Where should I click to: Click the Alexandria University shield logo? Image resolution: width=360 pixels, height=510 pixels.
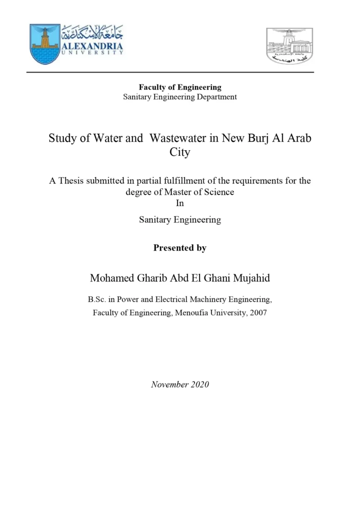coord(45,44)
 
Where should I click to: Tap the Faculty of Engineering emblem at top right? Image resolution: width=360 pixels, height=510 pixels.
coord(289,46)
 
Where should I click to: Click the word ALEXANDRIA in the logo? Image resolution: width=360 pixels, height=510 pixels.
coord(92,46)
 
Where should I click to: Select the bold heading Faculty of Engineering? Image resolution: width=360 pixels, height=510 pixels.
coord(180,87)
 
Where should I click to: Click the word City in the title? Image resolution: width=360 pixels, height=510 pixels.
coord(180,152)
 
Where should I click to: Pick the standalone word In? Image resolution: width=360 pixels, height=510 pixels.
coord(180,203)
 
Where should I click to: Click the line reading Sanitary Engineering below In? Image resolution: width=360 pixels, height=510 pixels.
coord(180,220)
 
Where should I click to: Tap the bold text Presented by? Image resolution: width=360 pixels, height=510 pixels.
coord(180,248)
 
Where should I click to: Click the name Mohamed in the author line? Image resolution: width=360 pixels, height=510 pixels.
coord(110,278)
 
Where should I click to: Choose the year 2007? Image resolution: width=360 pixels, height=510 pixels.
coord(258,312)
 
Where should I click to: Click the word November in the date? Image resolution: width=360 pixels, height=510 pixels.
coord(169,384)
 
